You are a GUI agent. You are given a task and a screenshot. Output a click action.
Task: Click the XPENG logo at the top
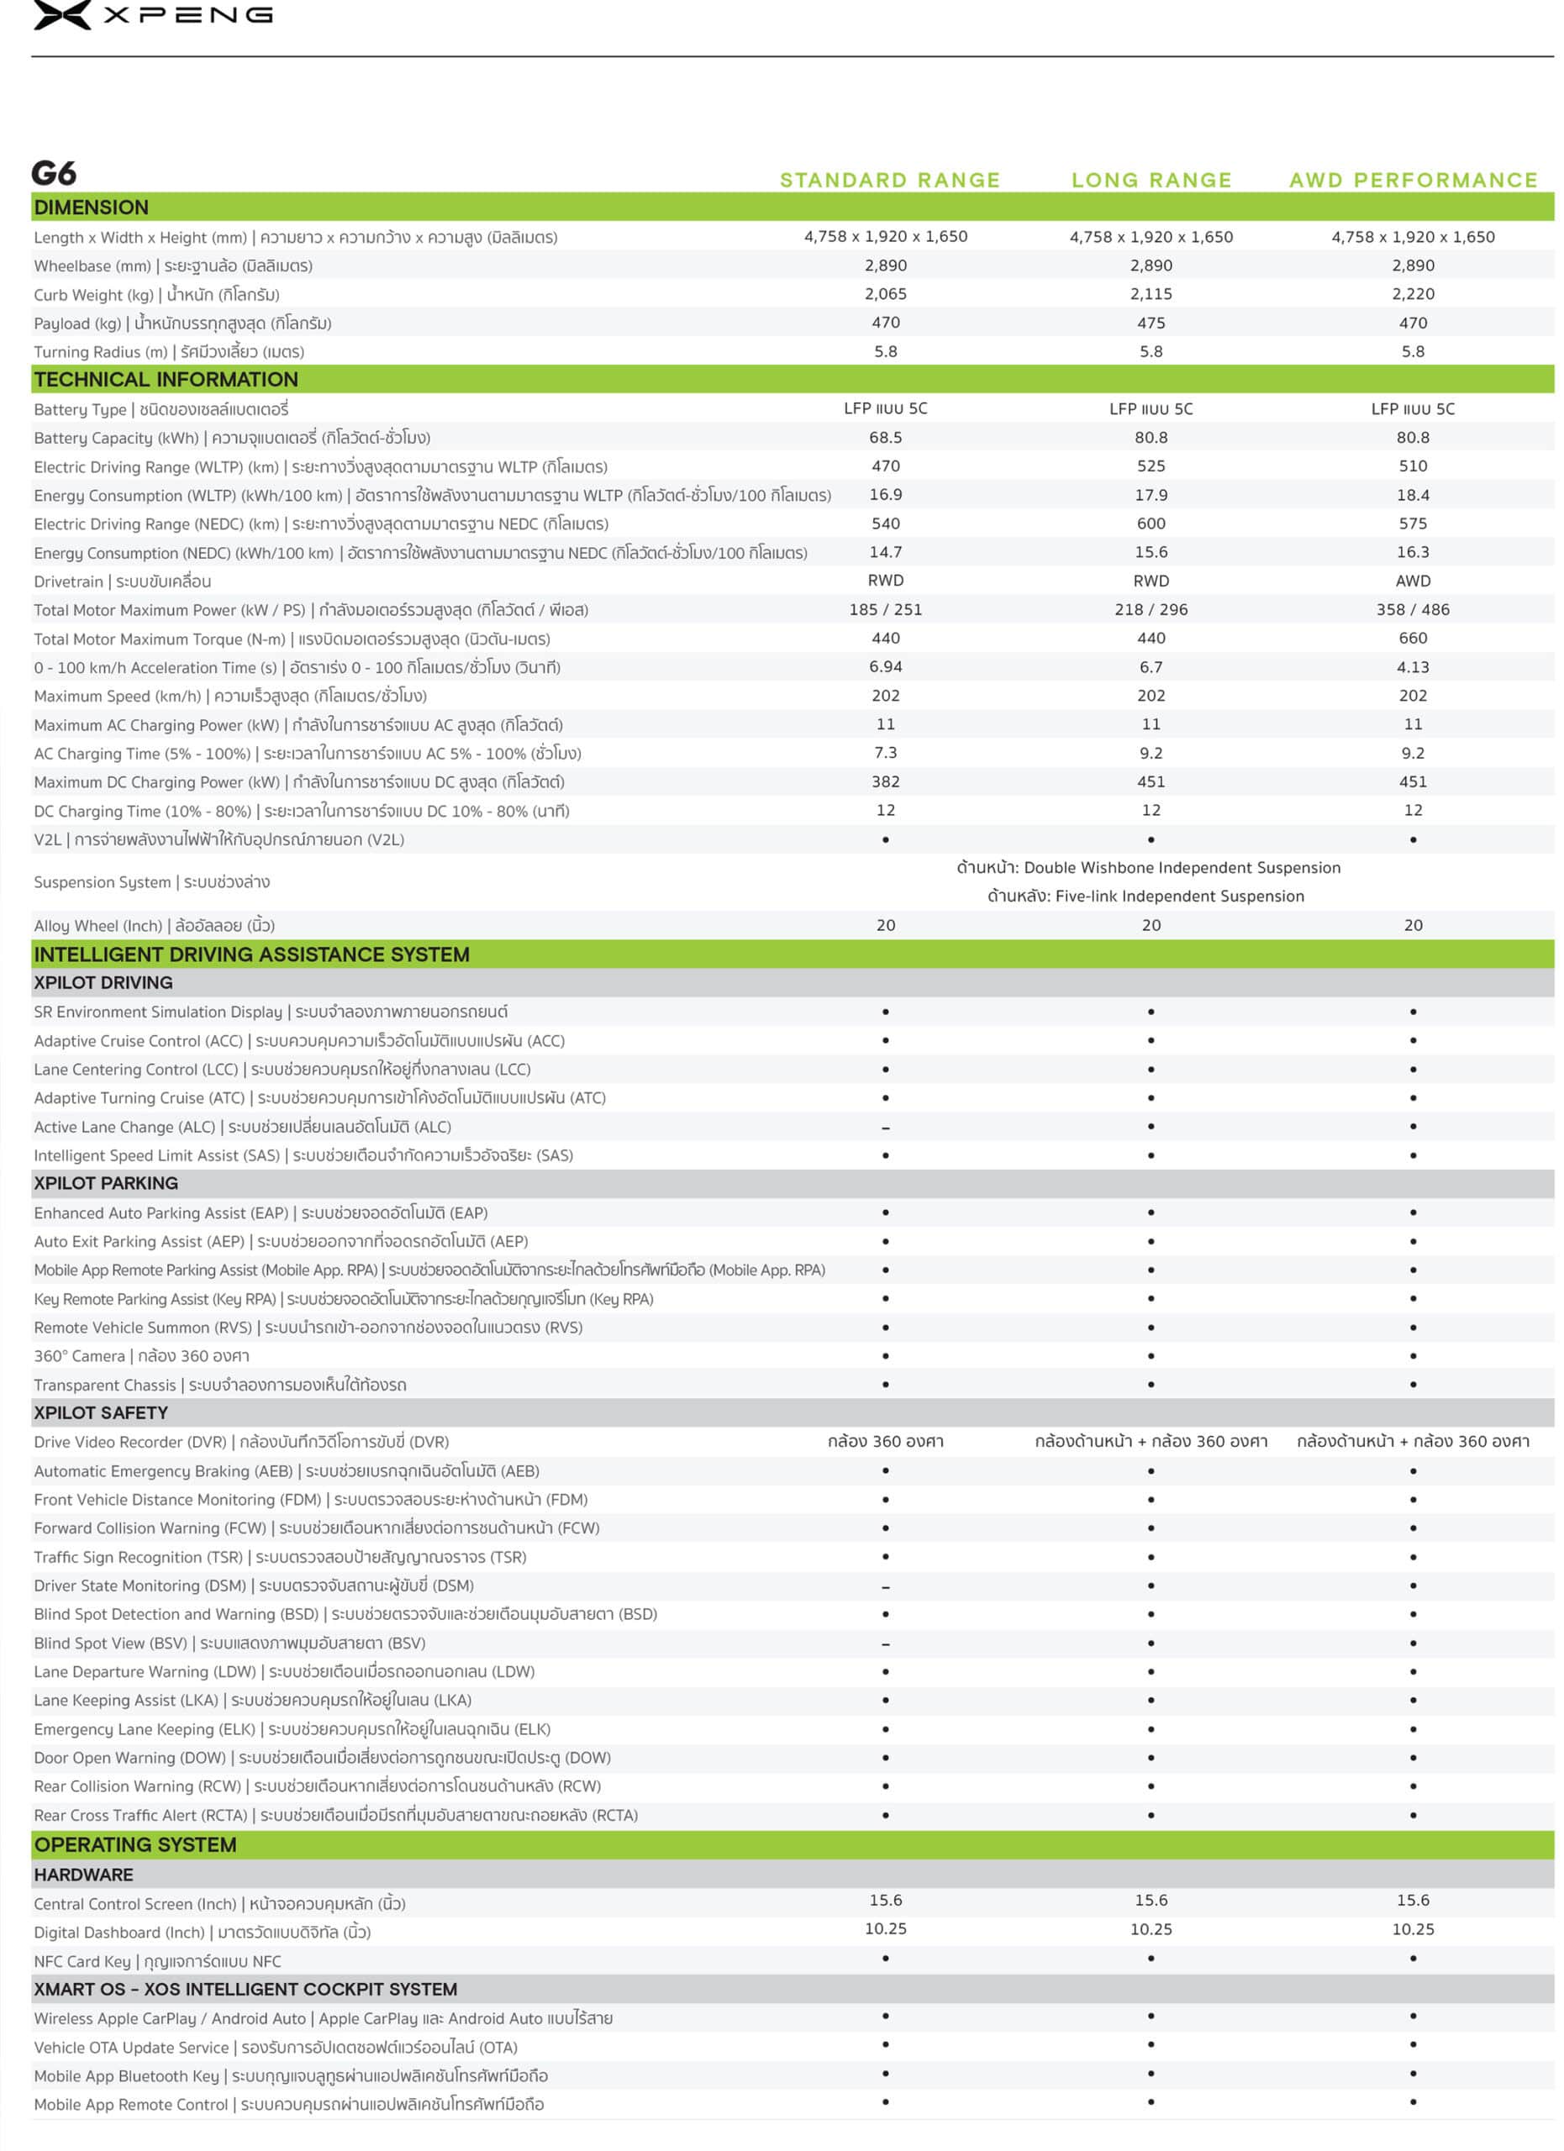pos(152,15)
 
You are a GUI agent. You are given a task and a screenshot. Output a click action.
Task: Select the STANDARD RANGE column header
pos(888,180)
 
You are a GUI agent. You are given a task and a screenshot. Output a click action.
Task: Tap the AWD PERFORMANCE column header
pos(1412,180)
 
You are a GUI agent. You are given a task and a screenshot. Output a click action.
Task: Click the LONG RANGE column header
pos(1151,180)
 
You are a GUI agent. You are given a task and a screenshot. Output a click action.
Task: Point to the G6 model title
pos(54,174)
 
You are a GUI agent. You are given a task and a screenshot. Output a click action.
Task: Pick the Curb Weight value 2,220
pos(1412,294)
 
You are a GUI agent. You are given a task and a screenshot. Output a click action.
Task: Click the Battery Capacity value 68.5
pos(885,437)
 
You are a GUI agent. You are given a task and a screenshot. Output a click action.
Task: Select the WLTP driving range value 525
pos(1151,465)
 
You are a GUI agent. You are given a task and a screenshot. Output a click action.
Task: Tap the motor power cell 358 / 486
pos(1412,610)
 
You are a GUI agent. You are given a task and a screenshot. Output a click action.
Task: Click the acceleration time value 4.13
pos(1412,667)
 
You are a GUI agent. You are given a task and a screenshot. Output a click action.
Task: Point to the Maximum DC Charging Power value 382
pos(885,781)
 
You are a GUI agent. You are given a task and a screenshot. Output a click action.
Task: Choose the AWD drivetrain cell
pos(1412,581)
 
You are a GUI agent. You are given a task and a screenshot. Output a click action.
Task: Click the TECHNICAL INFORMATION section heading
pos(166,379)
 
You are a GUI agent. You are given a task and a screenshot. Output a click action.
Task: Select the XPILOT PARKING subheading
pos(106,1183)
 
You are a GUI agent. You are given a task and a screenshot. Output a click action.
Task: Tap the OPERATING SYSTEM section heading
pos(135,1844)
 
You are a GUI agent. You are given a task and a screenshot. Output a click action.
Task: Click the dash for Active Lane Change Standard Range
pos(885,1128)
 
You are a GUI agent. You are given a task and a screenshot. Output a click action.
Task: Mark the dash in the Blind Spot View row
pos(885,1643)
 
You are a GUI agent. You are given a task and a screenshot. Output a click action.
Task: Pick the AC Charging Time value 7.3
pos(885,753)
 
